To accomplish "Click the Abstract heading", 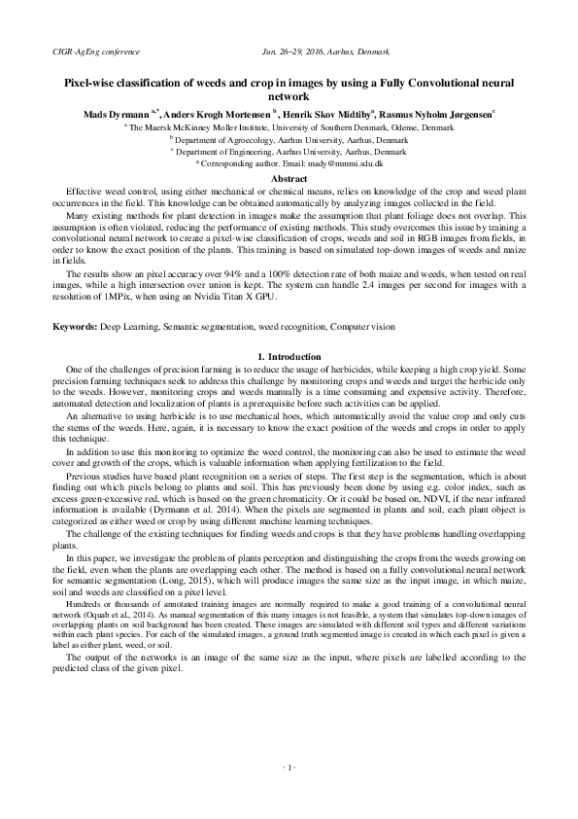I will [x=289, y=179].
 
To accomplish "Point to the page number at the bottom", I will [x=289, y=767].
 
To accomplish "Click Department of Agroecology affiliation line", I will [x=289, y=140].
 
